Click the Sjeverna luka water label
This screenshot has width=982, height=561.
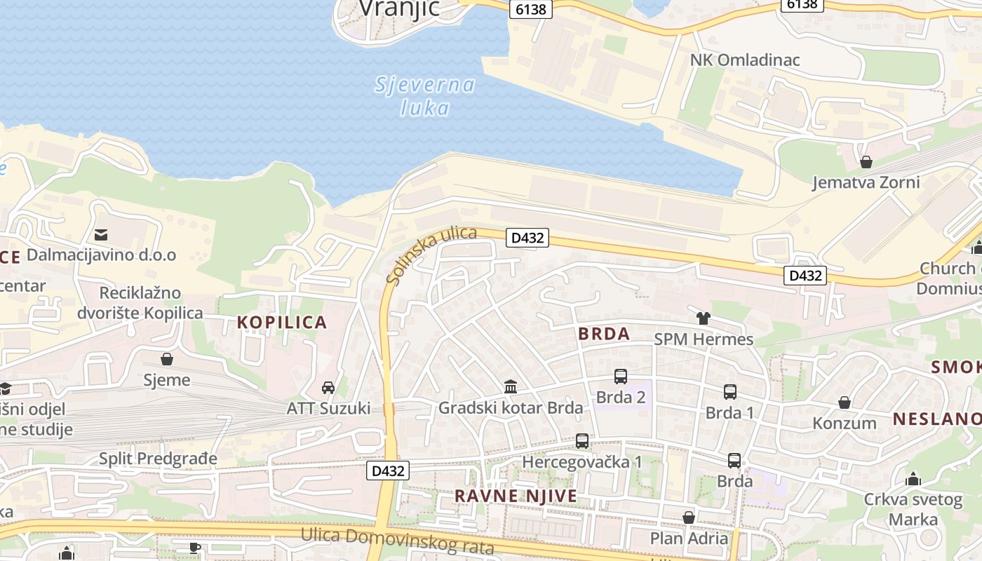point(425,97)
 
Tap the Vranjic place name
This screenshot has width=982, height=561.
point(399,8)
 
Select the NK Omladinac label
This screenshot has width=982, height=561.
point(745,60)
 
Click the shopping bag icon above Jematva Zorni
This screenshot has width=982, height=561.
point(866,162)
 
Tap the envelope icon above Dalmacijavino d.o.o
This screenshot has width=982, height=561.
point(102,234)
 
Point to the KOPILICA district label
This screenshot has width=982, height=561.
point(282,322)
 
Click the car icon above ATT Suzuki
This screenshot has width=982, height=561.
point(328,387)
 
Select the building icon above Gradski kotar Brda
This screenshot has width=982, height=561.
point(511,386)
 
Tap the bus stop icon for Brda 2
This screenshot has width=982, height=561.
point(621,377)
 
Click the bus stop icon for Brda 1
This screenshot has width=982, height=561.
point(730,392)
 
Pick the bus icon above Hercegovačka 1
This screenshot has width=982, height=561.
point(582,441)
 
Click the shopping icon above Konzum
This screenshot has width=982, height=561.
point(845,403)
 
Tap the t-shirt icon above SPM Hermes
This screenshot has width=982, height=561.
point(704,318)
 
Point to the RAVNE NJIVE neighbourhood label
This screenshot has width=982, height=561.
point(516,496)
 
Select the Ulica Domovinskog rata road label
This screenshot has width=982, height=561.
point(398,541)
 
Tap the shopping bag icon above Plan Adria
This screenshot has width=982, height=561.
point(689,518)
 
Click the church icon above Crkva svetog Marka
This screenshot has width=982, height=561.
point(913,480)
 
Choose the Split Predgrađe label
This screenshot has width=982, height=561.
point(158,459)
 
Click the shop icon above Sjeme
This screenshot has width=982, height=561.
point(167,359)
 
